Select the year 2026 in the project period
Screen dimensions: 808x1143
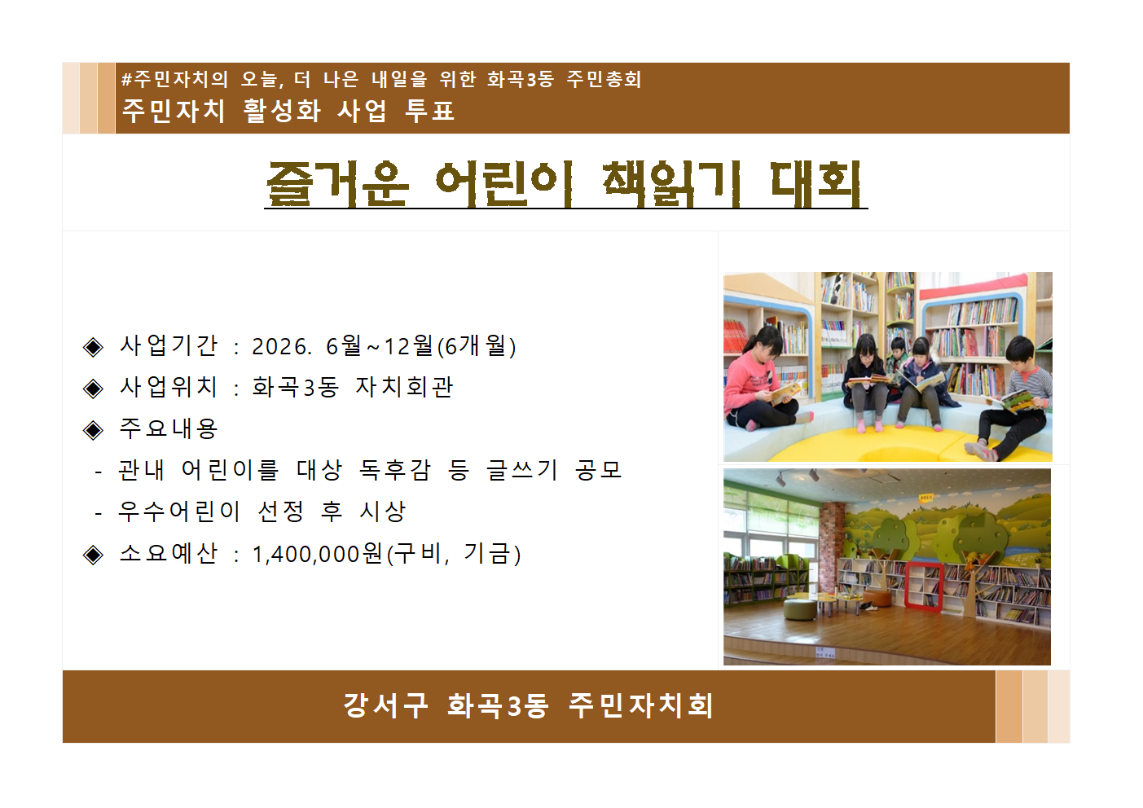point(279,346)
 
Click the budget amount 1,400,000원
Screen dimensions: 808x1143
point(318,554)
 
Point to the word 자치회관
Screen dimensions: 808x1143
point(404,387)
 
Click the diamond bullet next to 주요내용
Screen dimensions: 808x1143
point(94,429)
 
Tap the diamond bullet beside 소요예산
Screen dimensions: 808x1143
point(94,555)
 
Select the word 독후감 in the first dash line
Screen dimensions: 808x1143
point(395,470)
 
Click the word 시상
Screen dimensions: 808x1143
point(383,512)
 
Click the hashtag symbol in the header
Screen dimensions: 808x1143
point(126,80)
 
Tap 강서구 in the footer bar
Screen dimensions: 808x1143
point(385,705)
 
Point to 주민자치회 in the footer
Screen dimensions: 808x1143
point(641,705)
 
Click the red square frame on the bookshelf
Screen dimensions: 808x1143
point(925,585)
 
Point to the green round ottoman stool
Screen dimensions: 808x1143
point(800,609)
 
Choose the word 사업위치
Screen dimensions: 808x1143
point(169,387)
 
